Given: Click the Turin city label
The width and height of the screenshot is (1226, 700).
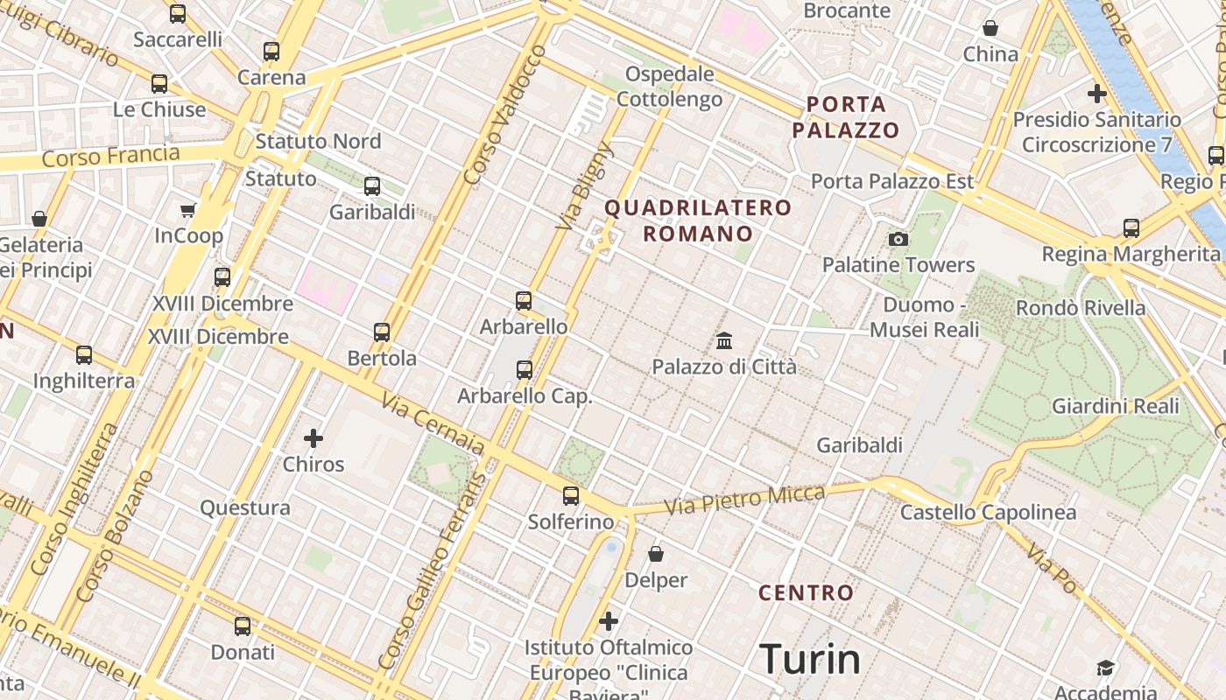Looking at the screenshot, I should pos(810,659).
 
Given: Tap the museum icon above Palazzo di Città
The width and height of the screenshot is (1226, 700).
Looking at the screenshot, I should pos(724,340).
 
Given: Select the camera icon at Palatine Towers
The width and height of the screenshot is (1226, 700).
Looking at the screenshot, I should pos(898,239).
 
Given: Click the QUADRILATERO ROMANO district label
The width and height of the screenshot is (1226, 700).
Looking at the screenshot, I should pos(698,220).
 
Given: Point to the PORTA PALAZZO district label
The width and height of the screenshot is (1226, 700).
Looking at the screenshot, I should pos(845,117).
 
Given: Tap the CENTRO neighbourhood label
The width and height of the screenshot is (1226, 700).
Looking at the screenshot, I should pos(806,592).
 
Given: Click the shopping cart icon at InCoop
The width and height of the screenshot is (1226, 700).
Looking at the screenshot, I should pos(187,210).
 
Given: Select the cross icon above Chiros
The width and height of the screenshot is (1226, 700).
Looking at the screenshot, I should pos(313,437).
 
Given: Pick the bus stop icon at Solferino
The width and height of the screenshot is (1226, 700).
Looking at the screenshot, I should pos(571,496).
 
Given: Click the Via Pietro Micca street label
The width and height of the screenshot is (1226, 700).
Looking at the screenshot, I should pos(744,500).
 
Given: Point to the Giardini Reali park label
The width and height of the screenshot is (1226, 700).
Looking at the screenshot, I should pos(1115,406).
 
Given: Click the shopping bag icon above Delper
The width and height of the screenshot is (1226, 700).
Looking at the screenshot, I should pos(656,554).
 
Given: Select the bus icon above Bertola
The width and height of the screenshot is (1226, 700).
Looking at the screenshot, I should pos(382,332).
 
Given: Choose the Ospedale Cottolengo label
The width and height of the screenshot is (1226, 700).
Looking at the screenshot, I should pos(670,87).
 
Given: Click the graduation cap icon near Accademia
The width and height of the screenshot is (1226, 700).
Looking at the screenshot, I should pos(1105,668).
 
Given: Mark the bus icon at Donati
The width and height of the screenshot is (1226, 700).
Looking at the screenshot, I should pos(243,626).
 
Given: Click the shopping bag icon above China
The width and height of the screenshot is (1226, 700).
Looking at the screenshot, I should pos(990,28).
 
